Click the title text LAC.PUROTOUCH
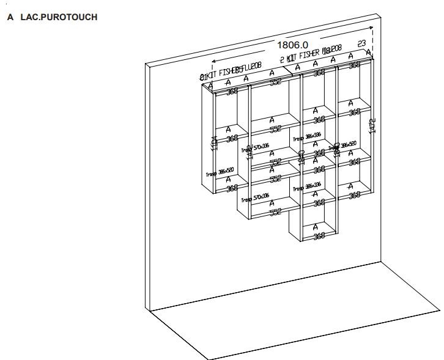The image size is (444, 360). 59,17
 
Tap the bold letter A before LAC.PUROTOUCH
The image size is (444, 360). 10,17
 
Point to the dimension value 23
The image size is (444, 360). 361,43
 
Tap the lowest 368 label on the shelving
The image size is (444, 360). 318,236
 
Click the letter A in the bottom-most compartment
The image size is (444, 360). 316,227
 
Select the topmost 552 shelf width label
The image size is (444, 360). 275,81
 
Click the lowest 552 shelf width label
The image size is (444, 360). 276,211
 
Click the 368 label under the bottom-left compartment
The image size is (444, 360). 232,188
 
